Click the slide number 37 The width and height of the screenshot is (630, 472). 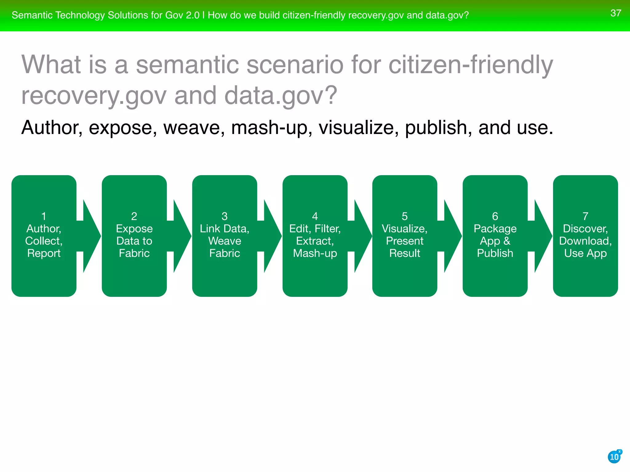click(616, 13)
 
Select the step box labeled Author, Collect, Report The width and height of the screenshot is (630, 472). click(44, 236)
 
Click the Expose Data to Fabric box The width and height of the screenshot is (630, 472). click(134, 236)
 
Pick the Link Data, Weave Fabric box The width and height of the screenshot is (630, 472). click(225, 236)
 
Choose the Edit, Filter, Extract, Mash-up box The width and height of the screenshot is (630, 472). click(315, 236)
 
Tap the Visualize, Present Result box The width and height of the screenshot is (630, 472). click(405, 236)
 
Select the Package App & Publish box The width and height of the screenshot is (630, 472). click(495, 236)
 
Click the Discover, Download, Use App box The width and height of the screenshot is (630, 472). click(585, 236)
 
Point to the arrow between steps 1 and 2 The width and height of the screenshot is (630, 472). click(90, 236)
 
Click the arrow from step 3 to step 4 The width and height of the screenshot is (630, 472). click(271, 236)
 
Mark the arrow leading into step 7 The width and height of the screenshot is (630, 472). click(541, 236)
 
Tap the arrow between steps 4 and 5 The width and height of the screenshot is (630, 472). click(361, 236)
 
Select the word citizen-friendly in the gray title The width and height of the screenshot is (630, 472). click(471, 65)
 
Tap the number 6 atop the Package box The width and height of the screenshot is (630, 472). click(495, 216)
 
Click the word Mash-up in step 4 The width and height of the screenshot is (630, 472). click(315, 253)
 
